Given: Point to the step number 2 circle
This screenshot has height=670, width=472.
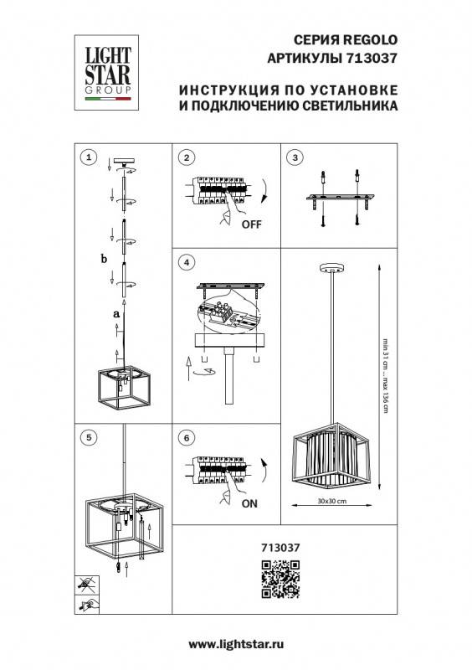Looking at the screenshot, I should [x=187, y=157].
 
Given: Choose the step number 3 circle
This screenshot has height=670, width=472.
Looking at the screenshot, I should [x=294, y=157].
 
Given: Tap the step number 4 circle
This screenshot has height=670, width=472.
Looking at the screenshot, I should [x=187, y=263].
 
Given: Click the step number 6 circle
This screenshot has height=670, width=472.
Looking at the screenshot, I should [x=187, y=436].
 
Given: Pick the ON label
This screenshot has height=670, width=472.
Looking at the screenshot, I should [x=249, y=505].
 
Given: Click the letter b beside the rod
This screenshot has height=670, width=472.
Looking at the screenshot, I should [x=104, y=259].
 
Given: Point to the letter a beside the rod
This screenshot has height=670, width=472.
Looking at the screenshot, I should [x=116, y=313].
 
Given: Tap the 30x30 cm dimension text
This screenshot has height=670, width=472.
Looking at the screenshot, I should [x=332, y=500].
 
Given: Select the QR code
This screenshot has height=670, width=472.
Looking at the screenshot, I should [x=280, y=579].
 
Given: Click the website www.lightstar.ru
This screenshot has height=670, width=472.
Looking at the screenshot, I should [x=237, y=644].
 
